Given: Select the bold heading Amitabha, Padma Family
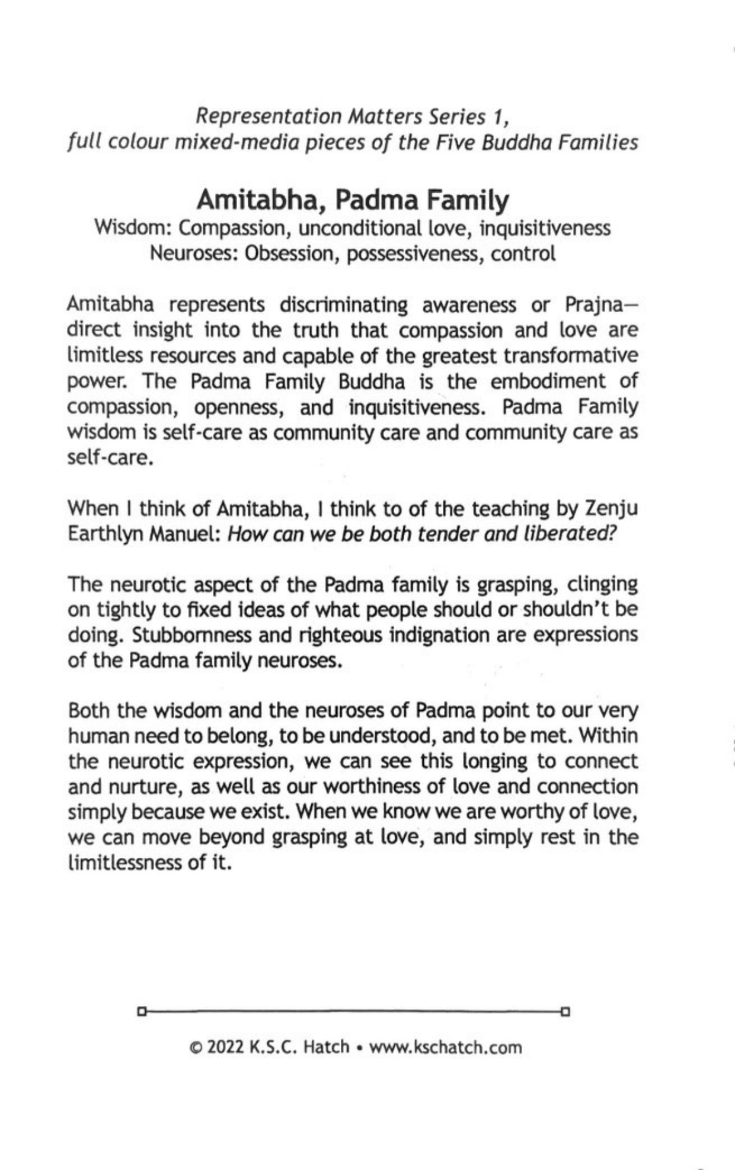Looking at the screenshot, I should click(x=353, y=200).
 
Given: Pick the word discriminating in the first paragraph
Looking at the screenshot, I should click(x=344, y=304).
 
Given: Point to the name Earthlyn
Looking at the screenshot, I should click(x=105, y=534).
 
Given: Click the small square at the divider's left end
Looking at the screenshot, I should click(x=141, y=1010).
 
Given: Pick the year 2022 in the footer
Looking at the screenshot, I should click(x=226, y=1047).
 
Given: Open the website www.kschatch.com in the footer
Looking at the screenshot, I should click(x=445, y=1047).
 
